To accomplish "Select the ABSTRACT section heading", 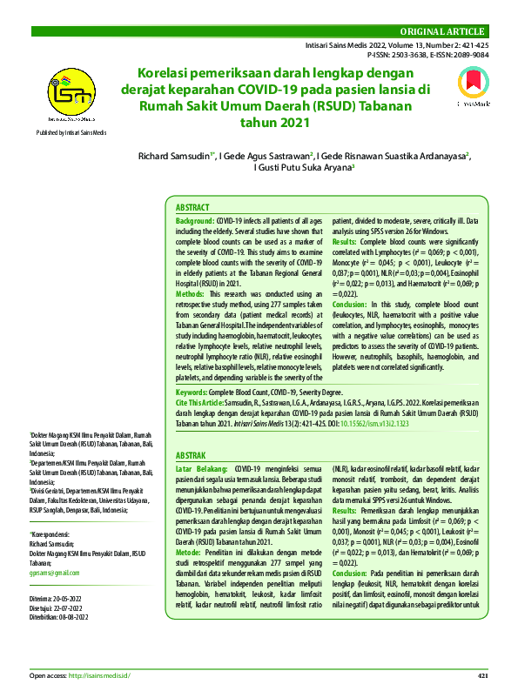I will (192, 208).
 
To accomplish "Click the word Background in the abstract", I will (194, 223).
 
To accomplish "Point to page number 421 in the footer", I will (484, 675).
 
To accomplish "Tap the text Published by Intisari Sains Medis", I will (71, 131).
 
